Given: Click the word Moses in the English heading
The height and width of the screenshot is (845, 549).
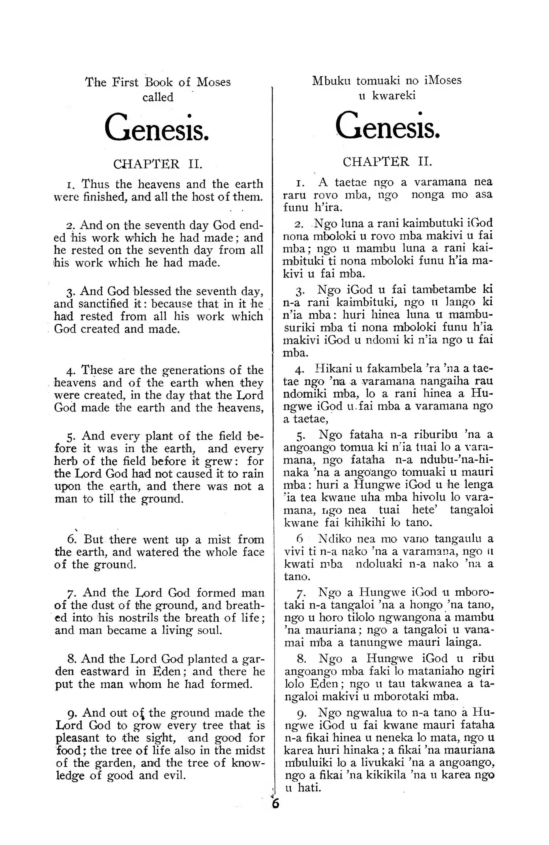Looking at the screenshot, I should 214,82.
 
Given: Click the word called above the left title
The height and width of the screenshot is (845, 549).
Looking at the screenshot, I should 158,97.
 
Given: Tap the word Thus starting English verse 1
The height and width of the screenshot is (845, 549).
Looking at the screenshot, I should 96,184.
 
